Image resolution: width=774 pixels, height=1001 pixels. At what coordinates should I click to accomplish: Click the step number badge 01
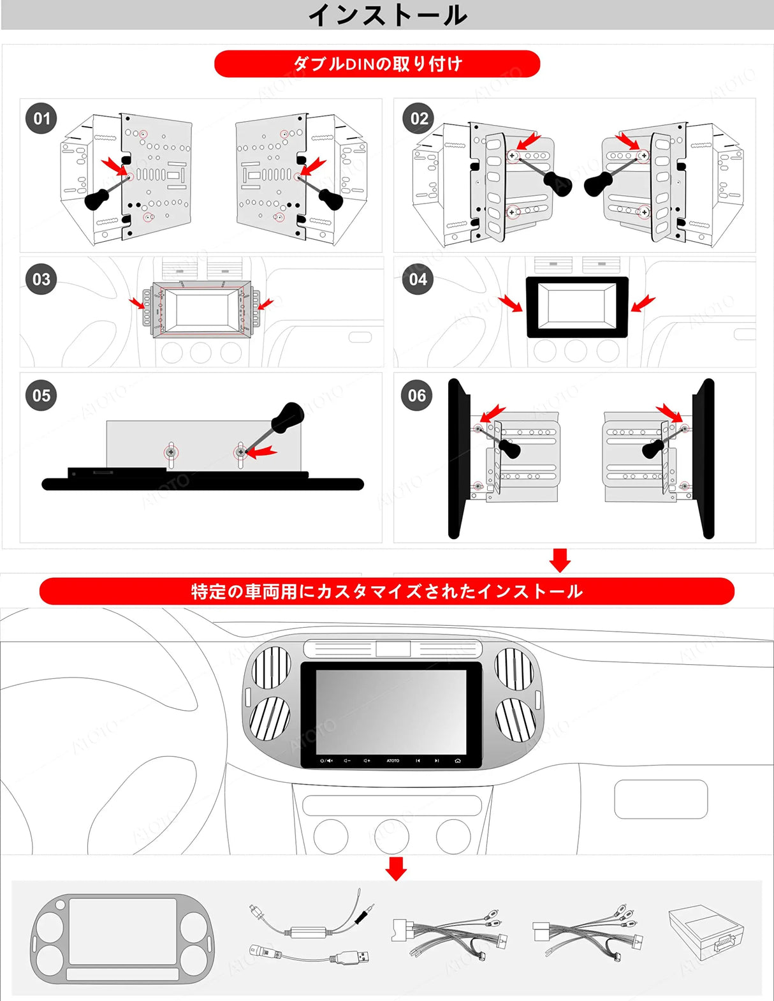coord(41,119)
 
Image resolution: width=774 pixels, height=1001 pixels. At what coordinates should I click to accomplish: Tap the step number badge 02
coord(419,119)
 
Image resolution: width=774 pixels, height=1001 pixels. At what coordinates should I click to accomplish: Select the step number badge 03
coord(41,279)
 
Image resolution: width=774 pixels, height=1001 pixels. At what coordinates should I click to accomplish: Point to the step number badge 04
coord(418,279)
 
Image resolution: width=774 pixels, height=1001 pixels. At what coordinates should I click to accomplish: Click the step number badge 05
coord(41,396)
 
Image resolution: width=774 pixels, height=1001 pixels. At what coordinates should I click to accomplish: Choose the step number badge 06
coord(417,396)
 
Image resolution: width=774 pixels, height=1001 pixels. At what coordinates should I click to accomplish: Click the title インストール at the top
coord(387,15)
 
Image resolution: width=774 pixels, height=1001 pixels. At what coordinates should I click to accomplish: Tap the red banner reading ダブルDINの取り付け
coord(377,64)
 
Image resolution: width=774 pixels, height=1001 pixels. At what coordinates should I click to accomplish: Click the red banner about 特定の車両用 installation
coord(386,591)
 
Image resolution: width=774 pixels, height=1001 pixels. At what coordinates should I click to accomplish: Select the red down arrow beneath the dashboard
coord(396,868)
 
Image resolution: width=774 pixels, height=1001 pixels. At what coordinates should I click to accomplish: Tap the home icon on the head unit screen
coord(457,760)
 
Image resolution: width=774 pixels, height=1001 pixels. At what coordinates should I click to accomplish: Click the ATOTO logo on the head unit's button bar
coord(393,760)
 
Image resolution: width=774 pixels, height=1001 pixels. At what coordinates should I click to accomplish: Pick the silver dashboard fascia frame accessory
coord(121,938)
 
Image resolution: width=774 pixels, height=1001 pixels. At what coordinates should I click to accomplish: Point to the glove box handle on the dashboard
coord(661,799)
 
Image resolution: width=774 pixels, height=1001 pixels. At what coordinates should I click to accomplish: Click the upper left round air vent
coord(272,667)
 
